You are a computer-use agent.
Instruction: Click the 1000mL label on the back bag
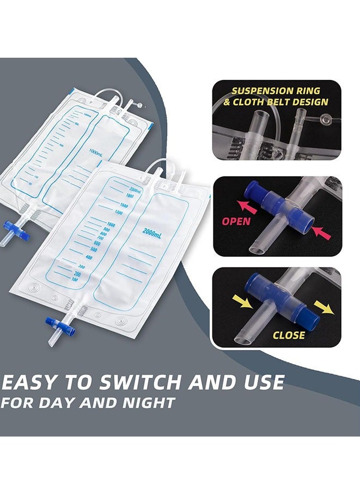click(x=97, y=154)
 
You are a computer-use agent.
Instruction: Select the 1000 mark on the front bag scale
click(x=112, y=224)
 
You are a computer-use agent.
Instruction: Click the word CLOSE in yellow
click(x=289, y=335)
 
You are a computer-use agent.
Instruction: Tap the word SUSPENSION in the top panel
click(x=261, y=91)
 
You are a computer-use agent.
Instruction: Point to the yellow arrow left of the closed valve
click(x=240, y=298)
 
